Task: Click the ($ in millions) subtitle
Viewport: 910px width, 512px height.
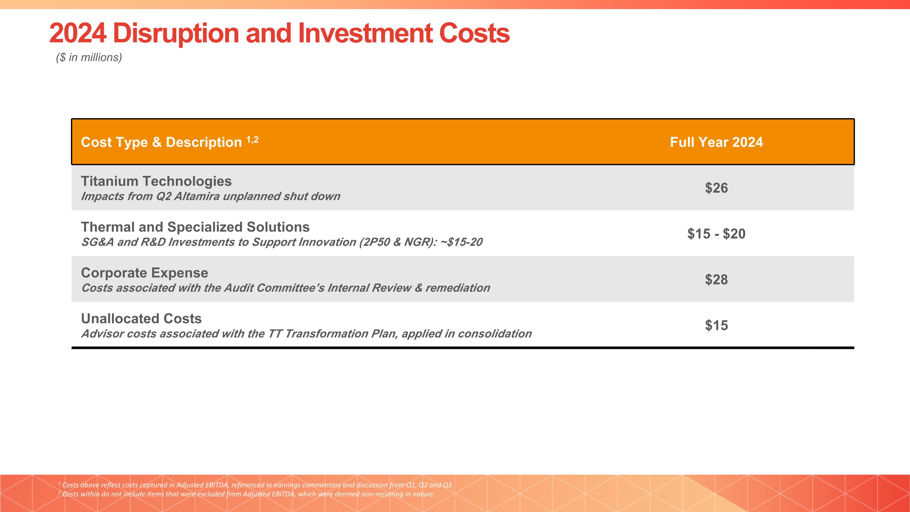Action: [89, 57]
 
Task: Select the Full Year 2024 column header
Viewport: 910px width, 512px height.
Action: [716, 142]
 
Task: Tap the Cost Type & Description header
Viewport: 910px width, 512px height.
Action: [161, 142]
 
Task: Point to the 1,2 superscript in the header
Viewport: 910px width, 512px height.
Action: [252, 140]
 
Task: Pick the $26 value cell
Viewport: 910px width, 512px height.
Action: [716, 188]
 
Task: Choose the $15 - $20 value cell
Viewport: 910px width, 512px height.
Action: [716, 234]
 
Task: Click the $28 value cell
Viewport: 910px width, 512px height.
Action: [716, 280]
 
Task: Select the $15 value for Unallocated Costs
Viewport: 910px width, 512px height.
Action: [716, 325]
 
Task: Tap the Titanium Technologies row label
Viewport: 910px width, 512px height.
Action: [156, 181]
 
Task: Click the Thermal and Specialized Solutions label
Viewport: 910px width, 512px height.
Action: [195, 227]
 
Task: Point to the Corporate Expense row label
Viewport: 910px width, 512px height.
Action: [144, 273]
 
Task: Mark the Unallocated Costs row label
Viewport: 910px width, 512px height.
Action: [141, 319]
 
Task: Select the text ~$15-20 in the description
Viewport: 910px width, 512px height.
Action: [461, 242]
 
